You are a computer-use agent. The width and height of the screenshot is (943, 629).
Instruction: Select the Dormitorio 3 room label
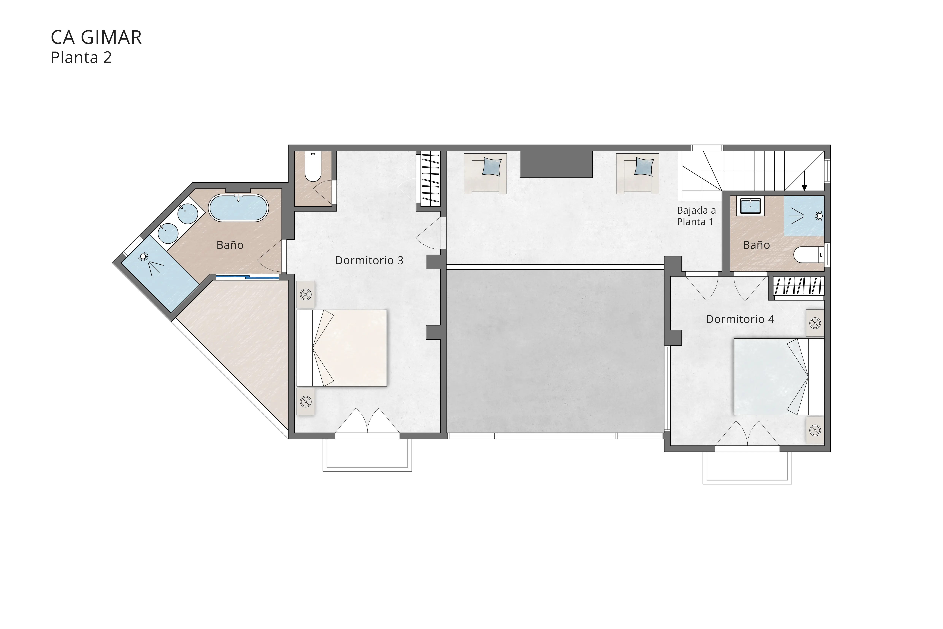click(369, 260)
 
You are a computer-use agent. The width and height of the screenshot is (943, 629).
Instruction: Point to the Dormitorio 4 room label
click(740, 319)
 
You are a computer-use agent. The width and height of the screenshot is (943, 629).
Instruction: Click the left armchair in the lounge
click(485, 173)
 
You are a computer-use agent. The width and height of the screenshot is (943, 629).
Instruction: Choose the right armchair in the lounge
click(638, 173)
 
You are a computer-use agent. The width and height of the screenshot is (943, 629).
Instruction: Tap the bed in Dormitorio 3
click(342, 348)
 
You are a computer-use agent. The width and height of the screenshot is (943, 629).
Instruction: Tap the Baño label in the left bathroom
click(230, 245)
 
